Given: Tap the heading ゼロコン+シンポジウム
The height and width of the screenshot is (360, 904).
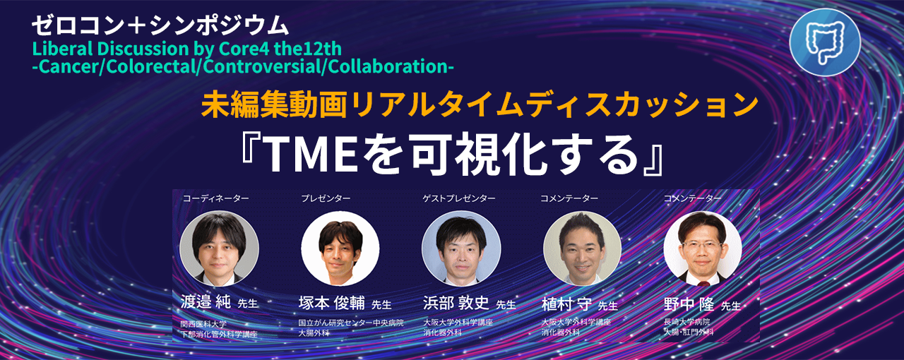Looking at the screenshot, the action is click(160, 25).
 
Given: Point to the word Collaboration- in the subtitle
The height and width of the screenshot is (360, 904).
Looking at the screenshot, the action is click(391, 66).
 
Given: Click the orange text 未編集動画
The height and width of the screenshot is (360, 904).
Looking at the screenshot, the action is click(274, 104).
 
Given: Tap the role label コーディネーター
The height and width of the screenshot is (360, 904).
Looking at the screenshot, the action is click(216, 198).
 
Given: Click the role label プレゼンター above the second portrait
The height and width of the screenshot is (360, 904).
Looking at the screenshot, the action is click(326, 198).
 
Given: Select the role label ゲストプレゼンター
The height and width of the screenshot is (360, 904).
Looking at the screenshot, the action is click(459, 198).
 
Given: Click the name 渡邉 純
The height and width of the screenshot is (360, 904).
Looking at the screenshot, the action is click(206, 302).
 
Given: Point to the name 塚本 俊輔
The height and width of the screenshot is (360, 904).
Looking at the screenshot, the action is click(332, 303).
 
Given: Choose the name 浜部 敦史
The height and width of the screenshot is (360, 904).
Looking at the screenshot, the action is click(456, 303).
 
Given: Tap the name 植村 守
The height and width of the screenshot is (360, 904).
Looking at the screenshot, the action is click(566, 304).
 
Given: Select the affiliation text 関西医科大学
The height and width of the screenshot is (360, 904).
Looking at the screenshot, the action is click(203, 324).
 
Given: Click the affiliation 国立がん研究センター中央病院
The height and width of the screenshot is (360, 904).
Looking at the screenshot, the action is click(351, 323).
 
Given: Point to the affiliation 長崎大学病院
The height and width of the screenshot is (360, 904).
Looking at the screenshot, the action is click(687, 322).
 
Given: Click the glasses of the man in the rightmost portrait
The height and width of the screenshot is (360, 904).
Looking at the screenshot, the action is click(702, 246).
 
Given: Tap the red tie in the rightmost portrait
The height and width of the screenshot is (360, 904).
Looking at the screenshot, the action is click(703, 283).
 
